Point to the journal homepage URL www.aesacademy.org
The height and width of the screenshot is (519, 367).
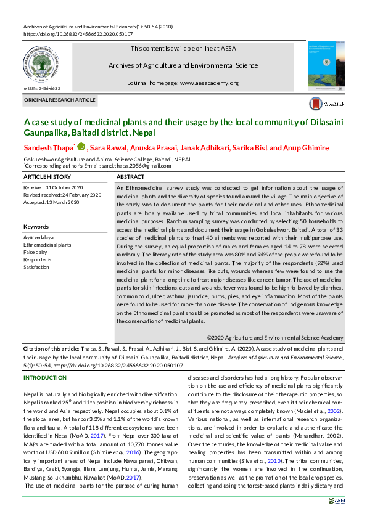(x=209, y=83)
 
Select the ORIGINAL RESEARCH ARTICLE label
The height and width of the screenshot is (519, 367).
(x=60, y=100)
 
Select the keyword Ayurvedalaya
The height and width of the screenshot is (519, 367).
(x=38, y=237)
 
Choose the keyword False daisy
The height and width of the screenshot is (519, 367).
(x=35, y=252)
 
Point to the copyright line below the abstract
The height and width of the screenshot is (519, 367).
(x=274, y=338)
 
